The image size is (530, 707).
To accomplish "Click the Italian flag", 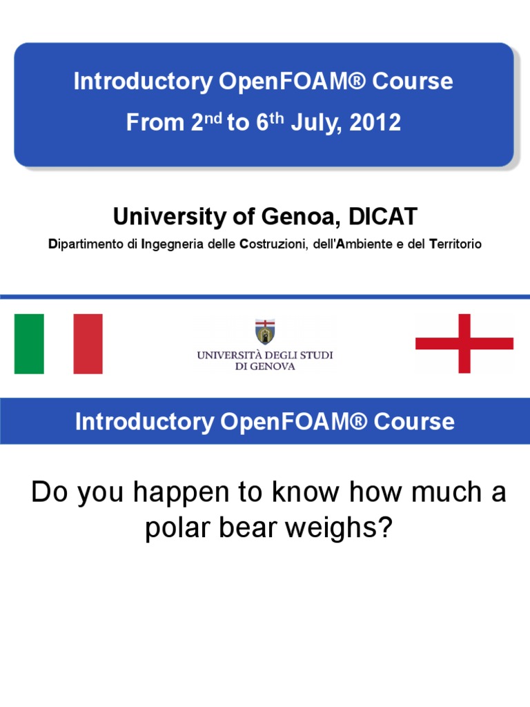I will point(58,343).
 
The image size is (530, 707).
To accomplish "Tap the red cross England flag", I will point(464,343).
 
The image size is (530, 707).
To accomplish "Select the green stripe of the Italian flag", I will point(29,343).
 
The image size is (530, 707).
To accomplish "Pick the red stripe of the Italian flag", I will point(88,343).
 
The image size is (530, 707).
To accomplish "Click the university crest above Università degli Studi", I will point(265,332).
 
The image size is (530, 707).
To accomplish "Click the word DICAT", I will point(383,217).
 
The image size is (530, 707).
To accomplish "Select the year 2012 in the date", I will point(375,123).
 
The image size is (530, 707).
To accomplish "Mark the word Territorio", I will point(455,244).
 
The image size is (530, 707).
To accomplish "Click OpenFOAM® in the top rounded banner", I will point(291,81).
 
